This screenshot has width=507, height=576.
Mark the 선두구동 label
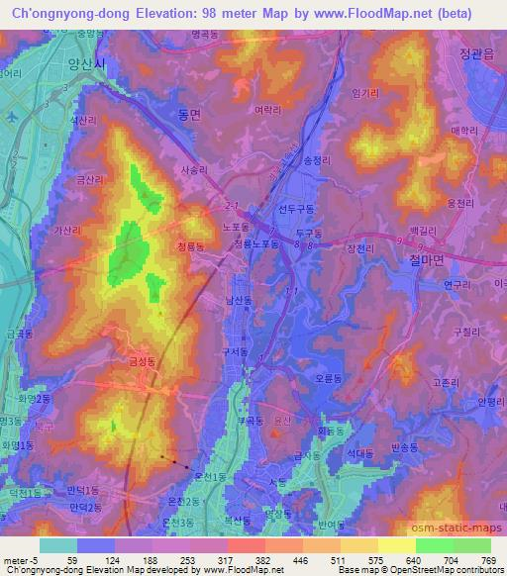[296, 209]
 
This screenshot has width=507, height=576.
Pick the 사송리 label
[194, 169]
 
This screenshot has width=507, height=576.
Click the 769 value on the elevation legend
[491, 558]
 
